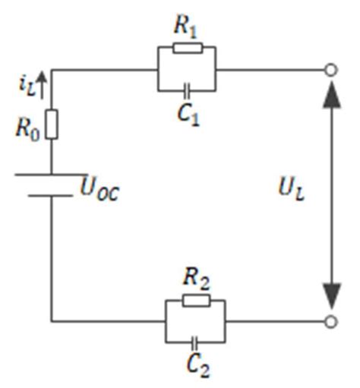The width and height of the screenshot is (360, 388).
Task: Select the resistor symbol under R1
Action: [x=186, y=48]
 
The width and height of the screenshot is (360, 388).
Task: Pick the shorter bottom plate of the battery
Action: [x=51, y=195]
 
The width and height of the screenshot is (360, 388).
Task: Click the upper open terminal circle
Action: [x=330, y=70]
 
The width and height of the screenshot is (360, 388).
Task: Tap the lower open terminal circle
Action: [x=330, y=321]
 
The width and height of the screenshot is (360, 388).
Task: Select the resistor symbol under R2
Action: [x=195, y=300]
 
